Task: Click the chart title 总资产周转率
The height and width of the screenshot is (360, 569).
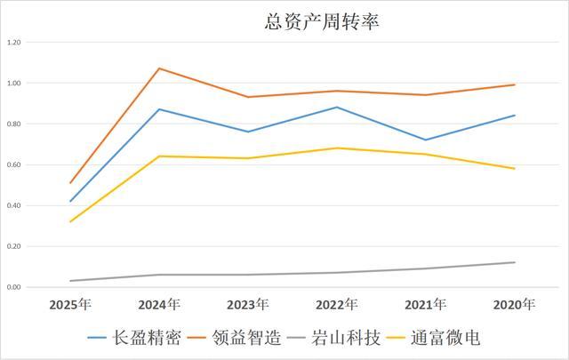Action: click(x=284, y=20)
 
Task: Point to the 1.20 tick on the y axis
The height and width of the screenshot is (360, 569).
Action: click(x=13, y=43)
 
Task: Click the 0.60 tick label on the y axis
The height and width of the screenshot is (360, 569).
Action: click(x=13, y=165)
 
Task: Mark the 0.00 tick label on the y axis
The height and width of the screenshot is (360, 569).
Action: click(x=13, y=288)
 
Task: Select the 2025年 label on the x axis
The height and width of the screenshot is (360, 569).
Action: click(x=70, y=305)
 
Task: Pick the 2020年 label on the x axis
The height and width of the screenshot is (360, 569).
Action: click(x=515, y=305)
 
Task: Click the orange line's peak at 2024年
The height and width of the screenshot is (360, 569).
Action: click(x=159, y=68)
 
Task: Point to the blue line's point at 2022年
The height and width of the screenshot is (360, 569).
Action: click(x=337, y=108)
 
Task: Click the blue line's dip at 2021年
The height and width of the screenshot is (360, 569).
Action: click(x=426, y=140)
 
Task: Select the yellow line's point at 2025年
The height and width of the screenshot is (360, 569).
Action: click(x=70, y=221)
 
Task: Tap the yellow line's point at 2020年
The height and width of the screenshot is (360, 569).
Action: click(x=515, y=169)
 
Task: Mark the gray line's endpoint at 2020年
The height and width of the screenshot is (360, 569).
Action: click(x=515, y=262)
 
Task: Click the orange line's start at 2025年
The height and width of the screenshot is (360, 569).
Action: click(x=70, y=183)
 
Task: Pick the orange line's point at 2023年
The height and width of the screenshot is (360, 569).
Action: click(x=248, y=97)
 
